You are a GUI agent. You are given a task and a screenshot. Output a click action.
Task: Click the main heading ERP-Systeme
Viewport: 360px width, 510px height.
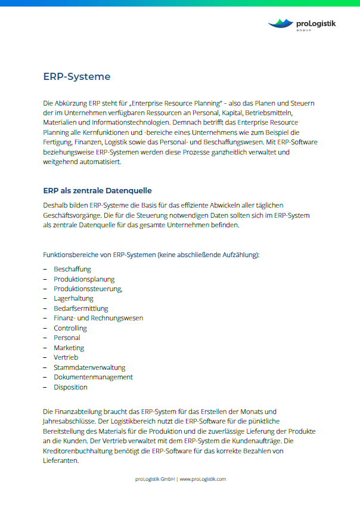[x=76, y=77]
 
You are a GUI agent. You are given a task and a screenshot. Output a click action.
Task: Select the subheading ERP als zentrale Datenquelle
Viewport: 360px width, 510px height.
[x=97, y=191]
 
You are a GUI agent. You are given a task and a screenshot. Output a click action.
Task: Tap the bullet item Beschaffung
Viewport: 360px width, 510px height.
[x=72, y=269]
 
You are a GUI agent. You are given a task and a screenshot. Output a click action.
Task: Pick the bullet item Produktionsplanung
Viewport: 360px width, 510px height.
[x=84, y=279]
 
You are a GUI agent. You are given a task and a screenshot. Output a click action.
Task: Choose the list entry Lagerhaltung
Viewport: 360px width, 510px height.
[x=74, y=299]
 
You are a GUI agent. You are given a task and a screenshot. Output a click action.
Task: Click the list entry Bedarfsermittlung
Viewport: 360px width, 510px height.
[x=81, y=308]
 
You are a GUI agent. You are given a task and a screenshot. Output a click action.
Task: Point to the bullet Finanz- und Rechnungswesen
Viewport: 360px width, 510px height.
[x=98, y=319]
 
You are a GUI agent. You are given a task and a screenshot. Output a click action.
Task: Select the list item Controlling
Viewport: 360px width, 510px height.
[x=70, y=328]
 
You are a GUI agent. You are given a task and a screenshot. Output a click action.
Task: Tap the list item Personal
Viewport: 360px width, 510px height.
[x=67, y=338]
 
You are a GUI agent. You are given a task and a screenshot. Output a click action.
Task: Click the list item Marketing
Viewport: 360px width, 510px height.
[x=69, y=348]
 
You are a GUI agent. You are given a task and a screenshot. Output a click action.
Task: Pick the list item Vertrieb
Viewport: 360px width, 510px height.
[x=66, y=357]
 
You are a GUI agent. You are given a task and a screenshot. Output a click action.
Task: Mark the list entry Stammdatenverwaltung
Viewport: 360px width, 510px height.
[x=89, y=367]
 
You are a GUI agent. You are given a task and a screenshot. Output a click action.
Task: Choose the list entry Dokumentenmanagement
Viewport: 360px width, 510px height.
[x=93, y=377]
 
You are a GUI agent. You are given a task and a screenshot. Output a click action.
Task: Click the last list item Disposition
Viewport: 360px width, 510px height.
[x=70, y=387]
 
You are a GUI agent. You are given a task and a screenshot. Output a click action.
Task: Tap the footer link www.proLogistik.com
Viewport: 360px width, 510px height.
[x=203, y=479]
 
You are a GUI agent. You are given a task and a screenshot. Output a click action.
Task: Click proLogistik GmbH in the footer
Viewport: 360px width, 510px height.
[x=154, y=479]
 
